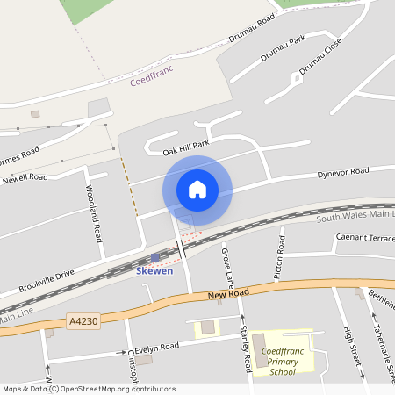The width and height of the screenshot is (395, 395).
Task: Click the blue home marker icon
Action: point(197,190)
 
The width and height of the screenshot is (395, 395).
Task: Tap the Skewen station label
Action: point(154,271)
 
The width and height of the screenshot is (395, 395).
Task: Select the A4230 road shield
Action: point(83,321)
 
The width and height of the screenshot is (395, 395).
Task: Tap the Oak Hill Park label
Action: point(186,147)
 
